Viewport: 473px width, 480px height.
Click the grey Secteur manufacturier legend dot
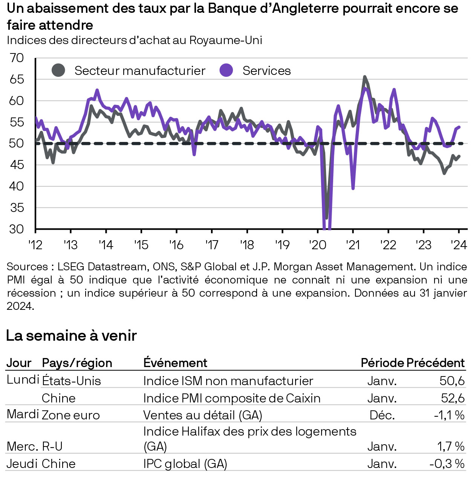pyautogui.click(x=58, y=70)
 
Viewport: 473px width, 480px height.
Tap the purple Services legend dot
pyautogui.click(x=226, y=70)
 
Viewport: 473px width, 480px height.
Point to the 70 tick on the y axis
pyautogui.click(x=17, y=58)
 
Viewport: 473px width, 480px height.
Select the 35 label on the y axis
pyautogui.click(x=17, y=207)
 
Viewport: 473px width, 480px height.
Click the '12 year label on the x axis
pyautogui.click(x=35, y=245)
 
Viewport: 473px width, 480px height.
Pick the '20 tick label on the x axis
pyautogui.click(x=317, y=245)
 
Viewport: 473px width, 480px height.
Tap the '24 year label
pyautogui.click(x=459, y=245)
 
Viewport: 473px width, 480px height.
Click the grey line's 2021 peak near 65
pyautogui.click(x=364, y=77)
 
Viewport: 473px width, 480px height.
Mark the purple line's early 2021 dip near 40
pyautogui.click(x=353, y=188)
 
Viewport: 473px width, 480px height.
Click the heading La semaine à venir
pyautogui.click(x=72, y=335)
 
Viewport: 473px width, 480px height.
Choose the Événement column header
pyautogui.click(x=175, y=363)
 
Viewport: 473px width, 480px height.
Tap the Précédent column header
pyautogui.click(x=435, y=363)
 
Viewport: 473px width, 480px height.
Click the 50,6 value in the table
pyautogui.click(x=452, y=381)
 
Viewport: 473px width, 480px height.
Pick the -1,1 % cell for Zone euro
pyautogui.click(x=449, y=415)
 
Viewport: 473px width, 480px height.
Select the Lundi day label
pyautogui.click(x=23, y=379)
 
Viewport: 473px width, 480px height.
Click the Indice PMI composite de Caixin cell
pyautogui.click(x=232, y=398)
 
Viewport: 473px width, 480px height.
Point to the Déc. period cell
pyautogui.click(x=382, y=415)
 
